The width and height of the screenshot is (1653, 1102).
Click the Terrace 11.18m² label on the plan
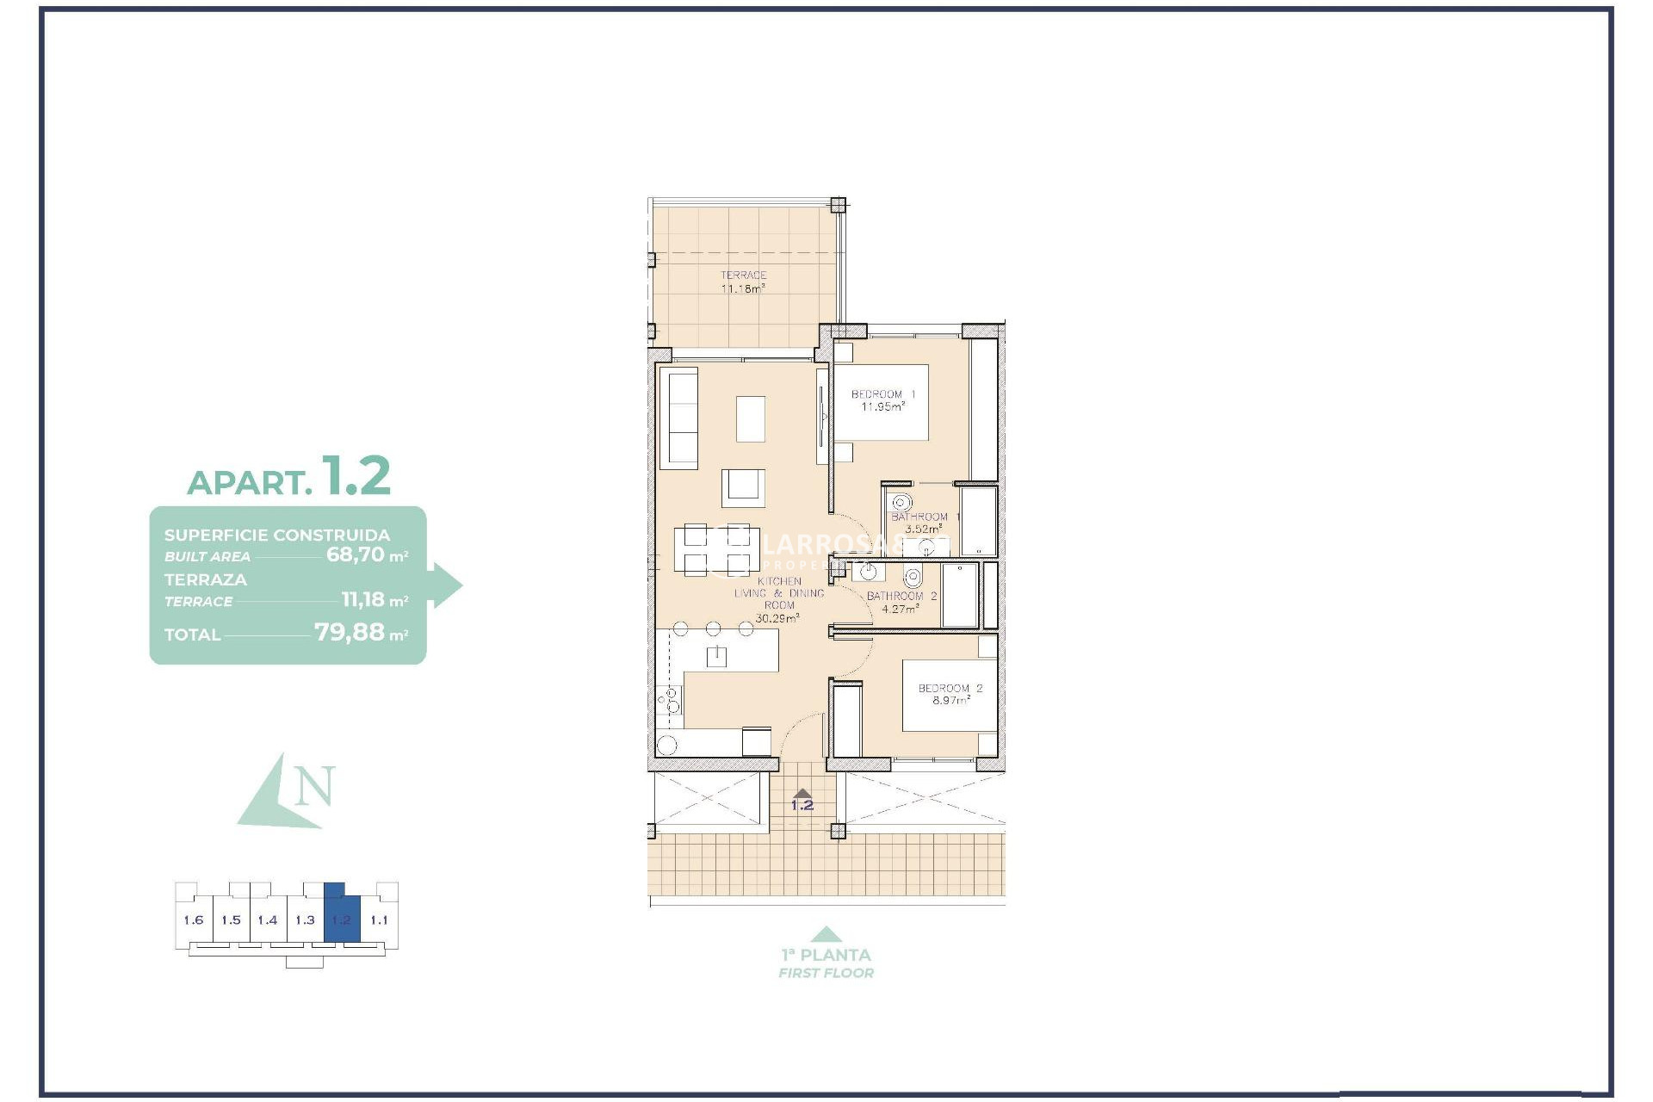pos(743,282)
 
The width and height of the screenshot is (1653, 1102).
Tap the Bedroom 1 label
pos(882,400)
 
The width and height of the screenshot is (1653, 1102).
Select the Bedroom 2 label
pos(950,694)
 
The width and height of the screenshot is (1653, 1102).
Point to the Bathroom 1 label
pos(925,523)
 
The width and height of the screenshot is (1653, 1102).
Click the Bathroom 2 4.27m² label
pos(901,602)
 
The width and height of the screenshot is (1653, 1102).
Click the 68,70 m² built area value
pos(366,555)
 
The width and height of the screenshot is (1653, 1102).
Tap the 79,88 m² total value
pos(360,633)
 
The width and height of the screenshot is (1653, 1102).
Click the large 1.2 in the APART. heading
pos(356,476)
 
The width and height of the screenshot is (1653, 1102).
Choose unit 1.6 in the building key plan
pos(194,920)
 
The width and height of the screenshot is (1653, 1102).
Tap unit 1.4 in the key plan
pos(268,920)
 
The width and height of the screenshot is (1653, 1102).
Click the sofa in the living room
pos(678,418)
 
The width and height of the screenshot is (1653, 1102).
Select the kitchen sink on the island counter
pos(716,657)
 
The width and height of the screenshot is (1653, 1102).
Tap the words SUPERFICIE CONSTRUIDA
pos(277,535)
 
